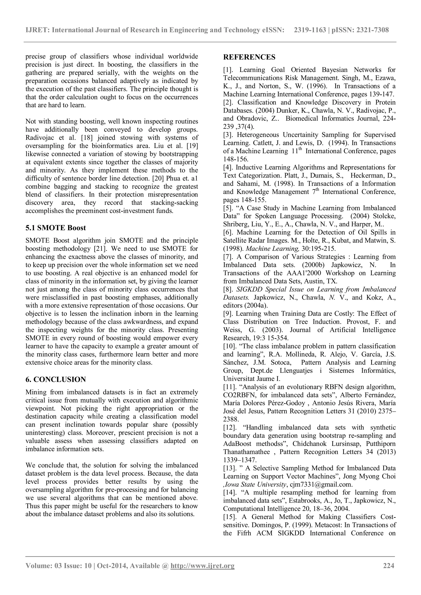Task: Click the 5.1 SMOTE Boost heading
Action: click(56, 228)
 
